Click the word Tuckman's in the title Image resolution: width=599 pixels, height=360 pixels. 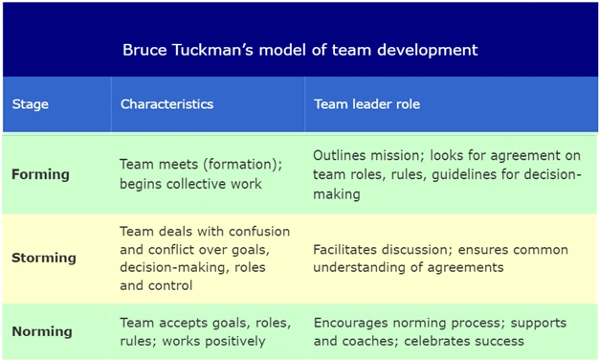click(x=212, y=50)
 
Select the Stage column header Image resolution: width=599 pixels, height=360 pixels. click(x=31, y=104)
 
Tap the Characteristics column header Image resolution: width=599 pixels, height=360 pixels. click(x=166, y=104)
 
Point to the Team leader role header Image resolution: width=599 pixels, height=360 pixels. click(x=366, y=104)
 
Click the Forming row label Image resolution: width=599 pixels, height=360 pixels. click(x=40, y=174)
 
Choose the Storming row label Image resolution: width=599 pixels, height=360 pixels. click(x=44, y=258)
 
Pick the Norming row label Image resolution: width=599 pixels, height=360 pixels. click(x=42, y=331)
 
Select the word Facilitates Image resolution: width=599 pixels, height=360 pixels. click(x=345, y=250)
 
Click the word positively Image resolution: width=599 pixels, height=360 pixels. click(x=235, y=342)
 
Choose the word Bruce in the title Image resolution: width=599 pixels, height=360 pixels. click(x=144, y=50)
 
